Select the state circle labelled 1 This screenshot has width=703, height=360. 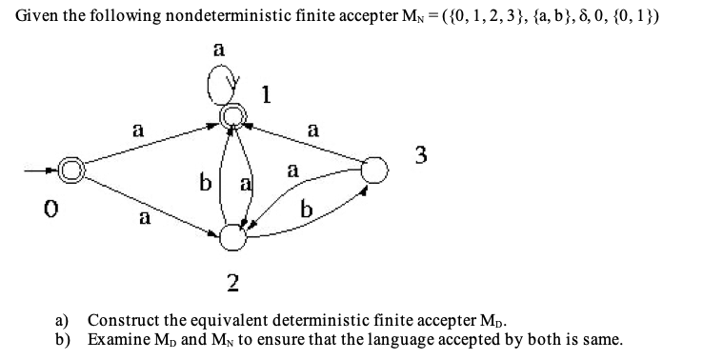coord(231,117)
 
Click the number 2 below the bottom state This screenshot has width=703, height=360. coord(231,281)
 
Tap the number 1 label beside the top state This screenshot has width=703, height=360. coord(269,94)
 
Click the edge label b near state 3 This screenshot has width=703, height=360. coord(306,211)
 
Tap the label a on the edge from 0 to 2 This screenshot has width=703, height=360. coord(146,220)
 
